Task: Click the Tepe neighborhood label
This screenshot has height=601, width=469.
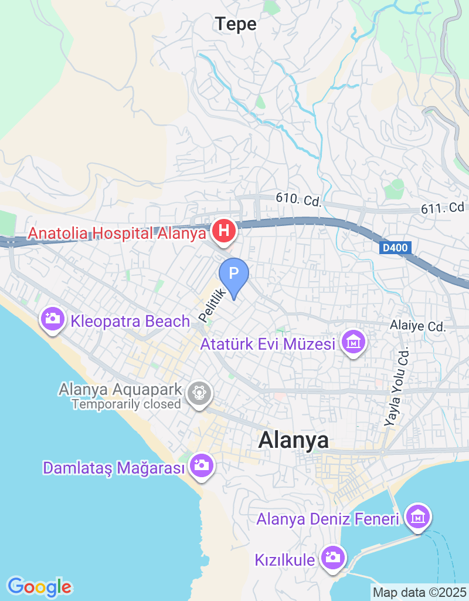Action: pos(236,24)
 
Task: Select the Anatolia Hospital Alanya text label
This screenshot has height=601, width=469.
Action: pos(117,233)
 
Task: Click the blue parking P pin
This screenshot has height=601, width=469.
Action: pos(234,274)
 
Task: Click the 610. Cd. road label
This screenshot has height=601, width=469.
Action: pos(299,200)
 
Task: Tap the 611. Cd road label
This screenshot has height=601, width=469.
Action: pos(443,208)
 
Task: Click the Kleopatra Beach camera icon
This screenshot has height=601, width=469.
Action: pos(52,319)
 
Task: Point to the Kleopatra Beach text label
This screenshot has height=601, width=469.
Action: pos(130,321)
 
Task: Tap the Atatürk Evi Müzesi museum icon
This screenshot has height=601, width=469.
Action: pos(354,343)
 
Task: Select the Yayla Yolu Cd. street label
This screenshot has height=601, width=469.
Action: pos(396,387)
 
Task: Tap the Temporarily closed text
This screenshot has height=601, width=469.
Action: pos(126,404)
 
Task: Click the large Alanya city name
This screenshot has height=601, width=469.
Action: pos(293,441)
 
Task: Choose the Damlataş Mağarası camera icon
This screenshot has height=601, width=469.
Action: pos(202,466)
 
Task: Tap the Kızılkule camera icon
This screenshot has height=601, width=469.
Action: pos(332,557)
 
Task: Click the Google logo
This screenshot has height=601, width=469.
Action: pos(40,586)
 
